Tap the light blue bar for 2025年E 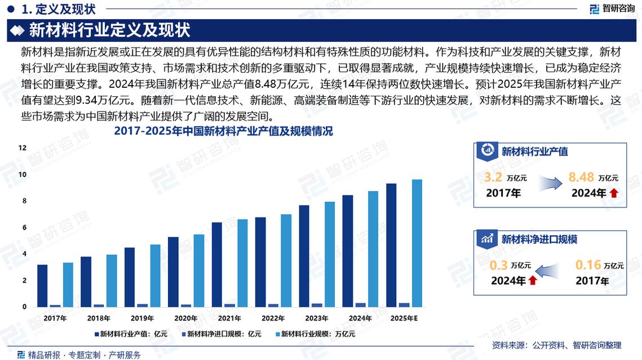point(417,243)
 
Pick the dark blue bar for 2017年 point(42,286)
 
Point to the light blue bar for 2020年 point(199,270)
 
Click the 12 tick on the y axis point(23,148)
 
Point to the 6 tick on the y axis point(24,227)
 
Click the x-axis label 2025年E point(405,318)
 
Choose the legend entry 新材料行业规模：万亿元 point(317,334)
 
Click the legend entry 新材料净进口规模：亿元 point(223,334)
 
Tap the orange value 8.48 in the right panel point(582,177)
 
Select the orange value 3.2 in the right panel point(493,177)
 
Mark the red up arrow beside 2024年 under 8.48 point(614,193)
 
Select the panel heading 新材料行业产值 point(534,152)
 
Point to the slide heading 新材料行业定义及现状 point(109,30)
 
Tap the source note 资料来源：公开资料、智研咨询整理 point(556,345)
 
